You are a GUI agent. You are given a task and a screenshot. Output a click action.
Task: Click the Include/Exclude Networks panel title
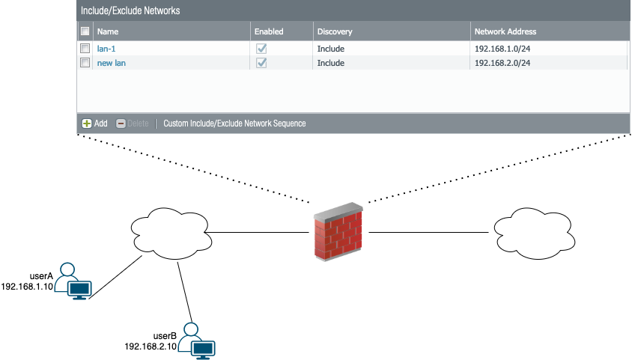130,11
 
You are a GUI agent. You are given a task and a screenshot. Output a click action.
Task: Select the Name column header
108,31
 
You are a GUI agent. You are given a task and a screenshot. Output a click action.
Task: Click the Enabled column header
270,31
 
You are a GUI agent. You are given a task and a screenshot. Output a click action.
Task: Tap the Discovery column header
335,31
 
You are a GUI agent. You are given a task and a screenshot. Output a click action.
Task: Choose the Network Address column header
505,31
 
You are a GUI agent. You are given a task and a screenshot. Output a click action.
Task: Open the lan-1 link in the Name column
106,49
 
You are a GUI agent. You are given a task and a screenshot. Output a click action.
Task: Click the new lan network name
112,63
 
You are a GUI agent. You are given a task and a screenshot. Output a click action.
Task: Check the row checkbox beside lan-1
85,49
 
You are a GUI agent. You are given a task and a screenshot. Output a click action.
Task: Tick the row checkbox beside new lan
85,63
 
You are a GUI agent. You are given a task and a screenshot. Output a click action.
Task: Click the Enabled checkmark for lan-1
261,49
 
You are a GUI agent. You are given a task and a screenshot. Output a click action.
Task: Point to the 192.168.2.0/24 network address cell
508,63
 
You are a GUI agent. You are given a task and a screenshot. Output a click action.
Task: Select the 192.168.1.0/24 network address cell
508,49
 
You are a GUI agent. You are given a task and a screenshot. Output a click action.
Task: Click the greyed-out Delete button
133,123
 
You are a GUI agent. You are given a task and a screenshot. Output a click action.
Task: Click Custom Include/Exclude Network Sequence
234,123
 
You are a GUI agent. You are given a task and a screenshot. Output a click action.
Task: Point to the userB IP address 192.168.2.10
151,347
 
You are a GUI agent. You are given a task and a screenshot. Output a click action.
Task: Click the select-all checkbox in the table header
85,31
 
